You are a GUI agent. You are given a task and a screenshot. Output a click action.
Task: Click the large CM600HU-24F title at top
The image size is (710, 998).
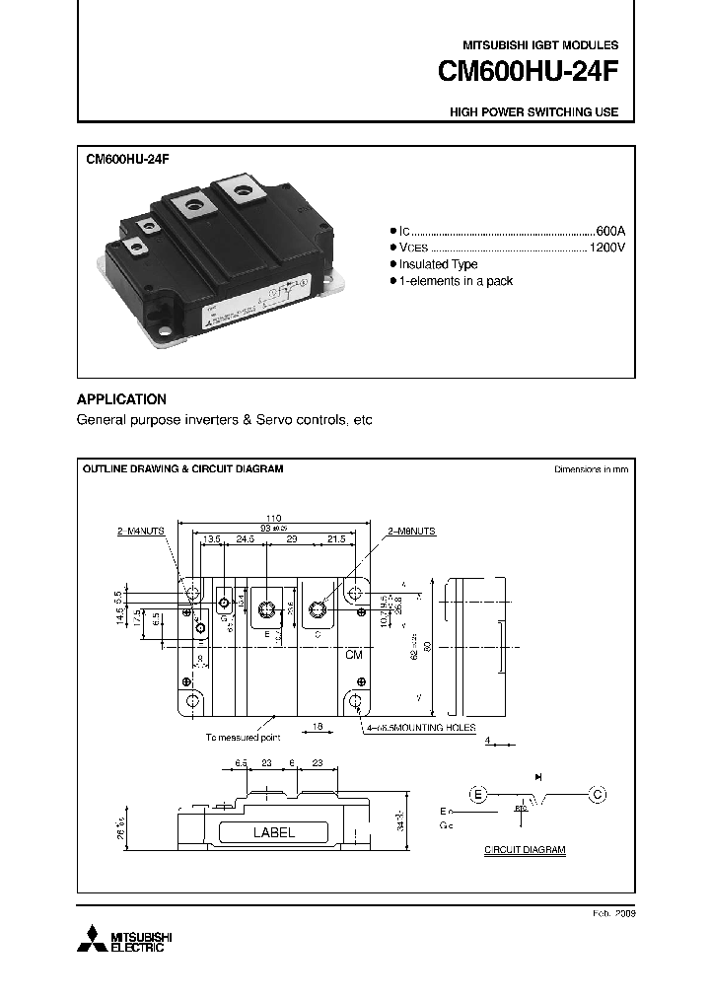point(528,75)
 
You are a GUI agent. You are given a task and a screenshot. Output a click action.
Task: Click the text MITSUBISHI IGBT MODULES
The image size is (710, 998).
point(540,45)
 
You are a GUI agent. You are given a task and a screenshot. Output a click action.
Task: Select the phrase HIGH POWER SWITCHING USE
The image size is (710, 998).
point(533,112)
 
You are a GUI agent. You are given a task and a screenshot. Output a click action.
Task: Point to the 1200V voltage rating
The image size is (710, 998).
point(606,247)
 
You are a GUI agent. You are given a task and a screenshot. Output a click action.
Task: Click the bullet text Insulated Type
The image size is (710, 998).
point(438,264)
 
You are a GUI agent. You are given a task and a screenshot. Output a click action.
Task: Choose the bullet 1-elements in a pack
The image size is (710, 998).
point(456,282)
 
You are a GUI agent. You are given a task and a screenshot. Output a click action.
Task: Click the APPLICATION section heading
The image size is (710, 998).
point(121,399)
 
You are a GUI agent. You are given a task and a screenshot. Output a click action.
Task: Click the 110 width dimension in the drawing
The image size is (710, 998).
point(273,518)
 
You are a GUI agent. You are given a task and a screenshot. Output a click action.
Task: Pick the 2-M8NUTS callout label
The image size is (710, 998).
point(411,531)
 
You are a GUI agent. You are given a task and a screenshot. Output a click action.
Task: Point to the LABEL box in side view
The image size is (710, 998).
point(274,832)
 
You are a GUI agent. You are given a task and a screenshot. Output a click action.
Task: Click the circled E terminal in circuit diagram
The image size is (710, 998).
point(478,793)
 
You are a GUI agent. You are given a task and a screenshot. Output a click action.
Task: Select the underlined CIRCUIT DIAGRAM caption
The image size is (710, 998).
point(525,849)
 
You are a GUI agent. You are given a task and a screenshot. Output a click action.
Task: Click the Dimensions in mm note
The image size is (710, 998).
point(591,469)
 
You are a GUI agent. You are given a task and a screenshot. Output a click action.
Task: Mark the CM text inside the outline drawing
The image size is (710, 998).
point(353,655)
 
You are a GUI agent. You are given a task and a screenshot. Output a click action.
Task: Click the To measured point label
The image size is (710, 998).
point(243,737)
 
